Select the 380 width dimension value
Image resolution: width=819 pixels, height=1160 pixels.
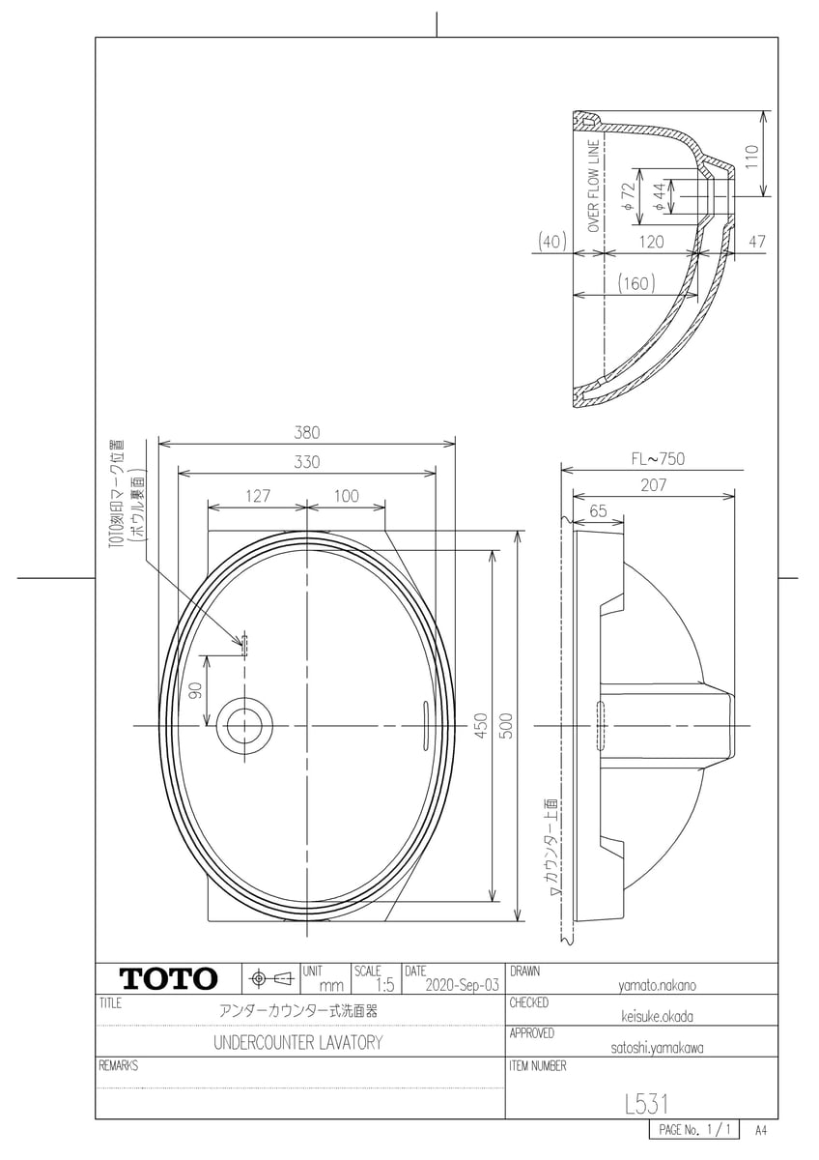click(x=307, y=432)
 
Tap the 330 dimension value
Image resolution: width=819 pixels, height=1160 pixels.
click(x=307, y=463)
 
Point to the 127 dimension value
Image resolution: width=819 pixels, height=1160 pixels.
click(x=257, y=495)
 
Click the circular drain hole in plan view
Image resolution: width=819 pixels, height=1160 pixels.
click(x=244, y=725)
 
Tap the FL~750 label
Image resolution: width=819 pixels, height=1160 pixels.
click(x=656, y=458)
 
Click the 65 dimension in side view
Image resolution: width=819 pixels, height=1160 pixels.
click(x=597, y=511)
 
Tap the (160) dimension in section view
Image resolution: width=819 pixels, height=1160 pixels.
click(x=636, y=284)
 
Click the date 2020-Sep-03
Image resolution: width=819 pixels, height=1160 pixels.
click(x=462, y=985)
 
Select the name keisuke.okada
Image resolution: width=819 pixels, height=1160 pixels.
click(x=658, y=1016)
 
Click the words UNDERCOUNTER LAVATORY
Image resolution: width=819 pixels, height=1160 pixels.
click(x=297, y=1043)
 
